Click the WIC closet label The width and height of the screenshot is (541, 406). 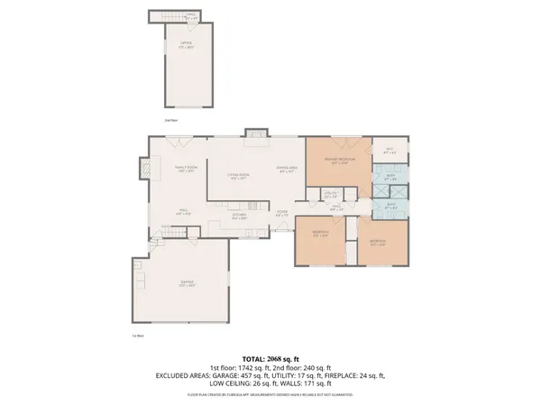[390, 151]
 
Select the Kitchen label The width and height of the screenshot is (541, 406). [240, 217]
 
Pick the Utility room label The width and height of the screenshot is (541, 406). [331, 193]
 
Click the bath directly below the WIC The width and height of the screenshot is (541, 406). [390, 178]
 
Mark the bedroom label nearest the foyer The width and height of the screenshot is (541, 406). [319, 233]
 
